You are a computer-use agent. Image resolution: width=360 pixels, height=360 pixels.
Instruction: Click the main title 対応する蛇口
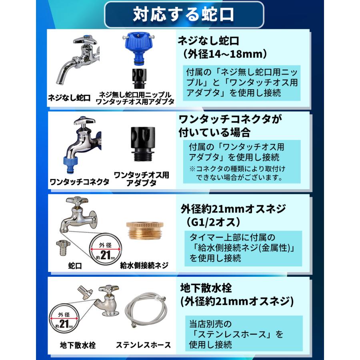(184, 15)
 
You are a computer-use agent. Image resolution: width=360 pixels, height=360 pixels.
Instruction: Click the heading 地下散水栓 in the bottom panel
(205, 288)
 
